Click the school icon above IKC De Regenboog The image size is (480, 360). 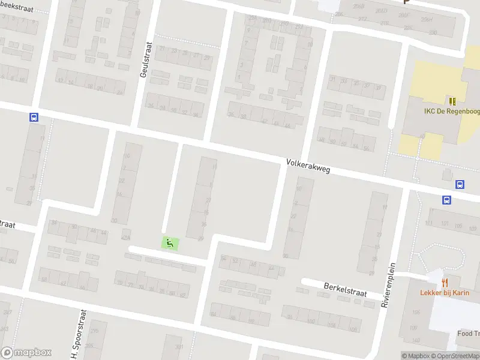click(451, 101)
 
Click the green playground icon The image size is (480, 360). click(170, 243)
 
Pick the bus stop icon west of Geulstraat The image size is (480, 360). click(34, 118)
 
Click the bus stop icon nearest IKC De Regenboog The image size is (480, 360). click(460, 185)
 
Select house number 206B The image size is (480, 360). click(359, 6)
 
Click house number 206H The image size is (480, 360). click(427, 19)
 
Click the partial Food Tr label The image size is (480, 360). click(468, 334)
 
